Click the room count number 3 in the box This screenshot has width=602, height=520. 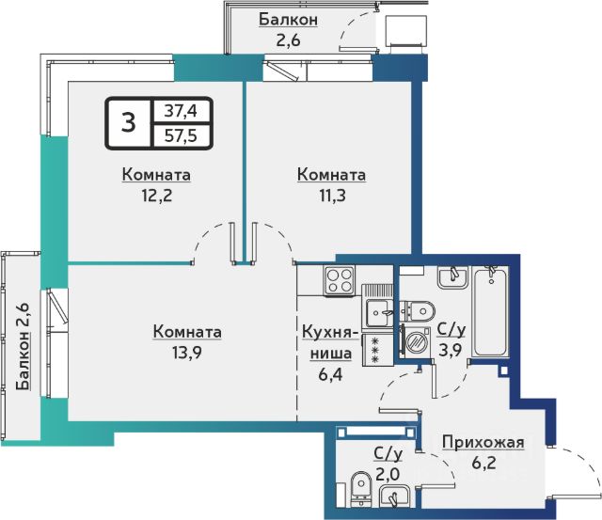click(x=128, y=123)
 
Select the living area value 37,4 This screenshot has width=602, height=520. click(x=181, y=111)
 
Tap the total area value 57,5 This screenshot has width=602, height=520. click(x=181, y=135)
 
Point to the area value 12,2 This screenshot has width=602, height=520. click(x=157, y=196)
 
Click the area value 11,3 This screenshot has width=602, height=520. click(x=332, y=196)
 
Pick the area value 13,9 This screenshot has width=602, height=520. click(x=187, y=353)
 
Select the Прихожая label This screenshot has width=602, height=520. click(x=483, y=443)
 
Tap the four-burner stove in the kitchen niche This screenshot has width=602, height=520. click(x=340, y=280)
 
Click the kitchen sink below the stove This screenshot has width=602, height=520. click(x=377, y=312)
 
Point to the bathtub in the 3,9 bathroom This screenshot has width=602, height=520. click(x=490, y=312)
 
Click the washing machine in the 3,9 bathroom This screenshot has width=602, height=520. click(x=415, y=340)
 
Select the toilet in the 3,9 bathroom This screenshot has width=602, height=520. click(x=418, y=310)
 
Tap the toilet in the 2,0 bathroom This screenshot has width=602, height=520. click(x=361, y=489)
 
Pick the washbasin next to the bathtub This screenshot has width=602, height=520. click(x=452, y=277)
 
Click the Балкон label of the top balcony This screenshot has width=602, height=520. click(x=289, y=20)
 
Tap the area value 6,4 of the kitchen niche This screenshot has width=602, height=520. click(x=330, y=374)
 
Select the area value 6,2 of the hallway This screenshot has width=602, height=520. click(x=483, y=463)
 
